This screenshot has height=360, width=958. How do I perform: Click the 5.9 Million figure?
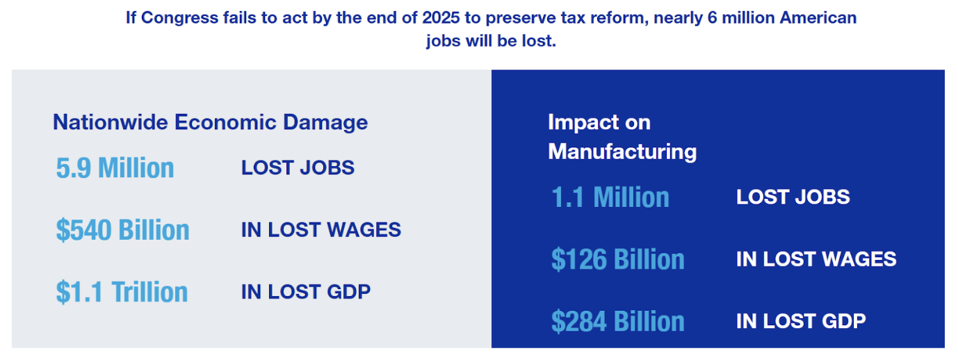pyautogui.click(x=115, y=167)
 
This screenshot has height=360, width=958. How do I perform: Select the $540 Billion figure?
pyautogui.click(x=123, y=230)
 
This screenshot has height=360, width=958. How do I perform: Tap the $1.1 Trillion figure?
pyautogui.click(x=122, y=292)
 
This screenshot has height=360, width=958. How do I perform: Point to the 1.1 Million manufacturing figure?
pyautogui.click(x=610, y=197)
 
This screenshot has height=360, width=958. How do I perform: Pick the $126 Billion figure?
pyautogui.click(x=618, y=259)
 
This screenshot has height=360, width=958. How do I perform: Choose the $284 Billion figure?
pyautogui.click(x=618, y=322)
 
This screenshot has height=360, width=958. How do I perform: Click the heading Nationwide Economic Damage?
pyautogui.click(x=210, y=123)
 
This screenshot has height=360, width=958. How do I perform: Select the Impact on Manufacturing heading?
pyautogui.click(x=622, y=137)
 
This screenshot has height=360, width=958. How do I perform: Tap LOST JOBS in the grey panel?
pyautogui.click(x=298, y=167)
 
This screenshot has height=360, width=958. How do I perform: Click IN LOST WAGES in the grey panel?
pyautogui.click(x=321, y=230)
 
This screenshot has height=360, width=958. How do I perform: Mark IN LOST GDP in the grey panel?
pyautogui.click(x=306, y=292)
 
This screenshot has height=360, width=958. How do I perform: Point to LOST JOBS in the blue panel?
pyautogui.click(x=793, y=197)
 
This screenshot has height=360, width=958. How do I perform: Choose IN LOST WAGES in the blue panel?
pyautogui.click(x=816, y=259)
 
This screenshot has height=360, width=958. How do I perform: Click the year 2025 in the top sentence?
pyautogui.click(x=441, y=18)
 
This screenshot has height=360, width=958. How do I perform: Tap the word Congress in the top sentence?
pyautogui.click(x=179, y=19)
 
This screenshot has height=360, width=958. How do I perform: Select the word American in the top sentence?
pyautogui.click(x=818, y=18)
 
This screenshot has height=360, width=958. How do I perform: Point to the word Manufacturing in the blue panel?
pyautogui.click(x=622, y=152)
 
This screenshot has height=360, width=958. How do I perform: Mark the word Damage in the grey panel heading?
pyautogui.click(x=325, y=124)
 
